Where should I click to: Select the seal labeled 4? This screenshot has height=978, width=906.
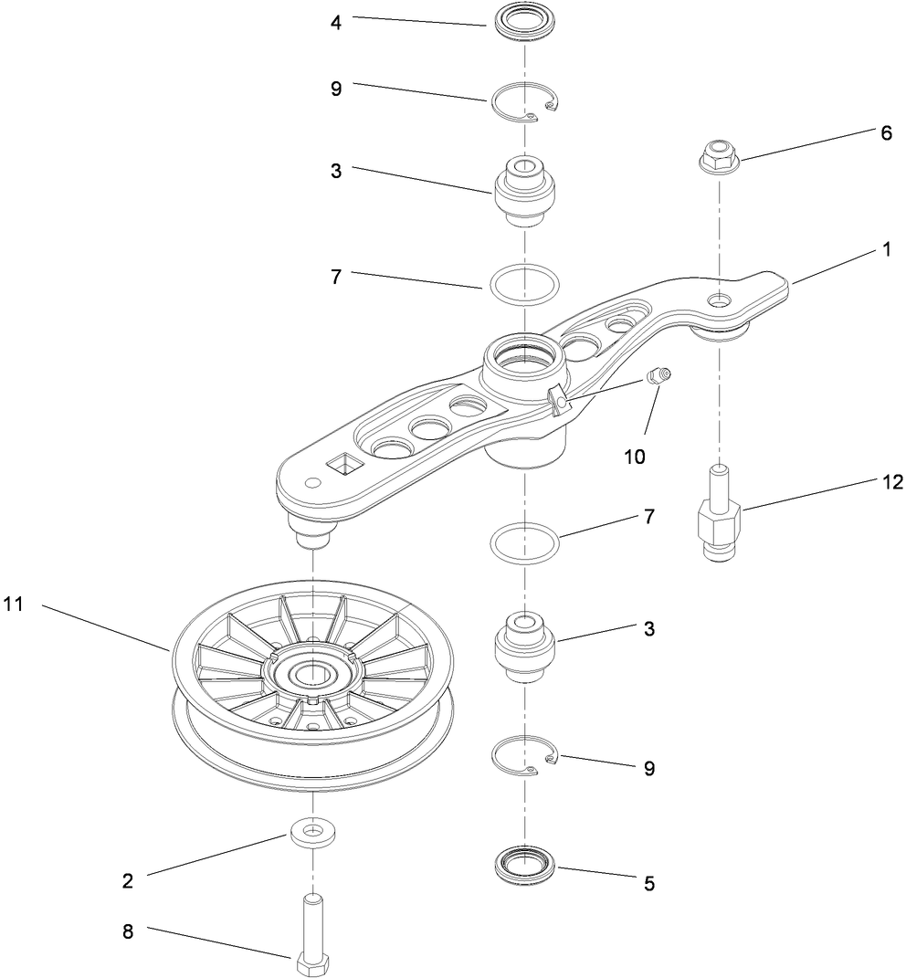pos(524,22)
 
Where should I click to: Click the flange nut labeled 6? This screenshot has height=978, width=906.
pos(720,156)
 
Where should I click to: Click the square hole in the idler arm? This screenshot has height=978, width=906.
pos(345,467)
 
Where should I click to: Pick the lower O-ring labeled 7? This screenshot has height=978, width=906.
pos(525,543)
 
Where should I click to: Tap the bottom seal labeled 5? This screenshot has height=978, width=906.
pos(525,864)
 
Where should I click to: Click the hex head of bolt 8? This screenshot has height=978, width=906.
pos(313,964)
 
